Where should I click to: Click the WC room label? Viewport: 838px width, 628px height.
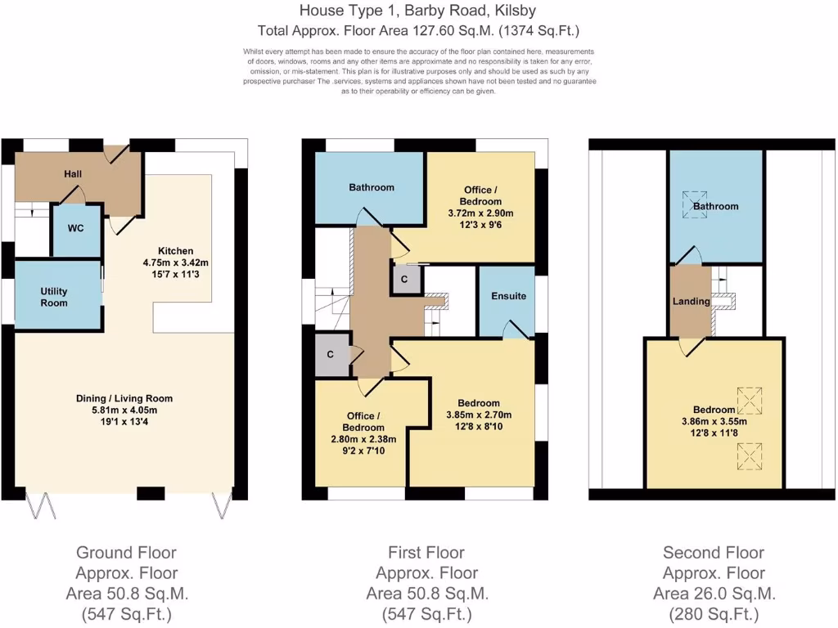[76, 229]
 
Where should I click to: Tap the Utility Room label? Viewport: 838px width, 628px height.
[54, 297]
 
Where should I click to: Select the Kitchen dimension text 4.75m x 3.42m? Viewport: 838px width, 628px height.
[176, 263]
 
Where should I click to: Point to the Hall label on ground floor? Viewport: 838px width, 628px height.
[74, 174]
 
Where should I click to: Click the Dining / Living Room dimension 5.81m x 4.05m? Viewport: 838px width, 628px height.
[124, 410]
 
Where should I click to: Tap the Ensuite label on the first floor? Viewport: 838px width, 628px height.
[508, 295]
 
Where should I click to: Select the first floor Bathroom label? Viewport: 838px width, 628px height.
[372, 187]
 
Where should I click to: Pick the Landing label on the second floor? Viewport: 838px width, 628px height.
[691, 301]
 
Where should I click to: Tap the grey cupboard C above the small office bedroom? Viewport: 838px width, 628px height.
[330, 354]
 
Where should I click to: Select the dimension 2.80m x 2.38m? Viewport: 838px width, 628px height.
[363, 438]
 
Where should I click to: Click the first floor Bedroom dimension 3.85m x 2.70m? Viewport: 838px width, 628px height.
[479, 415]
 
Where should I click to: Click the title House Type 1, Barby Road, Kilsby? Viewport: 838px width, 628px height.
[418, 11]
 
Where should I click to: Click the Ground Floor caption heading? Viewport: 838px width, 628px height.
[126, 553]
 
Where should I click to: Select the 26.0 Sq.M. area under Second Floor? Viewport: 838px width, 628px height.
[714, 594]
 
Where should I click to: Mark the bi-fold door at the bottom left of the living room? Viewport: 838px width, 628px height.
[37, 507]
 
